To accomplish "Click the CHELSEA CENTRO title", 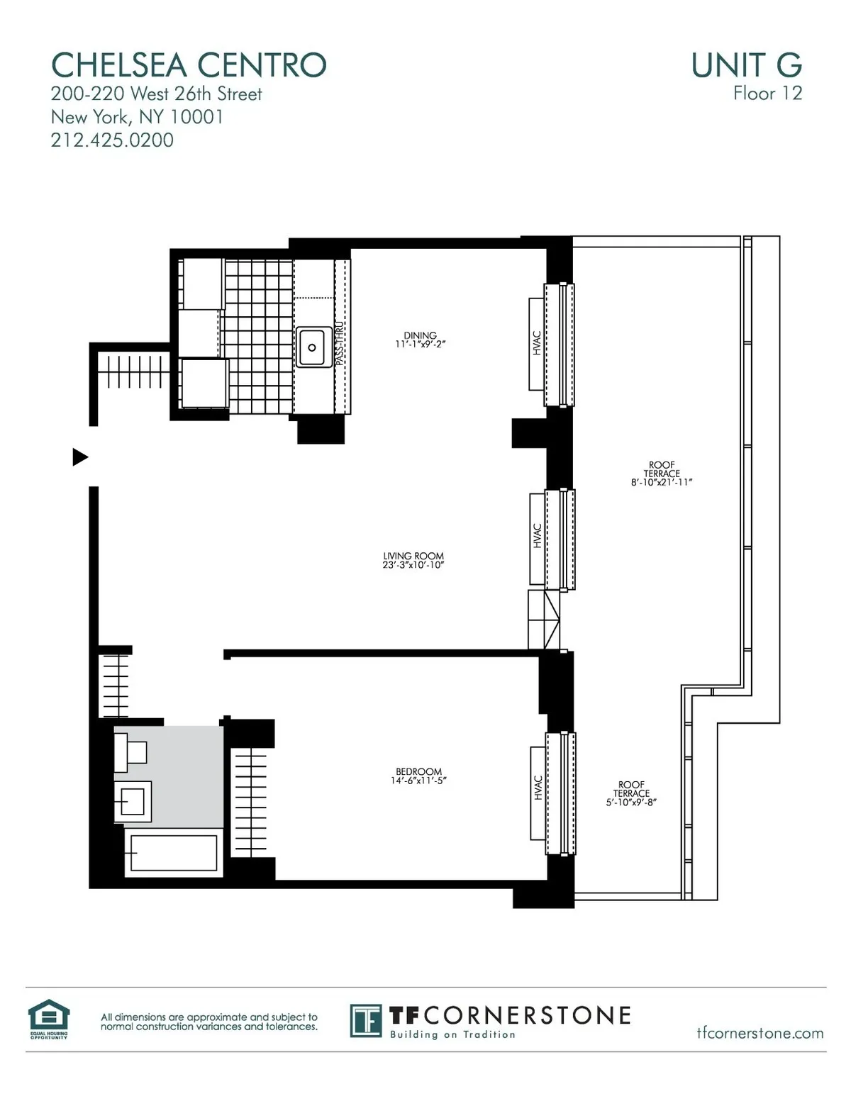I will (189, 65).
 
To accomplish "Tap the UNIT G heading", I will (746, 65).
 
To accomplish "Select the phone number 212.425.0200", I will (112, 140).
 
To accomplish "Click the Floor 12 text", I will (767, 94).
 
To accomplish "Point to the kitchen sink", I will (312, 347).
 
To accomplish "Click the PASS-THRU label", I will (340, 344).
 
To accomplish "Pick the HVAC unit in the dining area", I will (537, 343).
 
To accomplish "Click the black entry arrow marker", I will (80, 457).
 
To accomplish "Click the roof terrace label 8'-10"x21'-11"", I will (661, 474).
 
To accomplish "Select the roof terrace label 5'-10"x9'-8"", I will (631, 794).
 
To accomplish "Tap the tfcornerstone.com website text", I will (760, 1033).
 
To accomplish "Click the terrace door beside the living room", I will (544, 619).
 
